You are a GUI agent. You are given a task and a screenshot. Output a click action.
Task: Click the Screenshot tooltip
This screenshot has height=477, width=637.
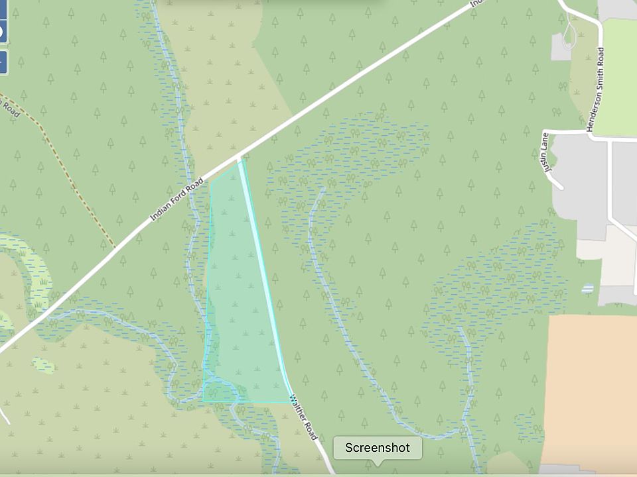[377, 448]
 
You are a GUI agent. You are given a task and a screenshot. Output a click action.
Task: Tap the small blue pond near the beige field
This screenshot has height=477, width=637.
[587, 289]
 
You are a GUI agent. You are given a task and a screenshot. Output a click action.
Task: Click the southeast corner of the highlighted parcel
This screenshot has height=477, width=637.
[291, 401]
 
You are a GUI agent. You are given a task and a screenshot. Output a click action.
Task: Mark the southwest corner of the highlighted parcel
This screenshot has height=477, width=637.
[203, 400]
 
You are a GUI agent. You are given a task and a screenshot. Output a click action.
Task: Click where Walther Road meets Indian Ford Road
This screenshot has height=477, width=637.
[239, 158]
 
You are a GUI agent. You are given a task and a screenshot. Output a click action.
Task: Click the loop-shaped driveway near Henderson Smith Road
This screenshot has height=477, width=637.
[569, 33]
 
